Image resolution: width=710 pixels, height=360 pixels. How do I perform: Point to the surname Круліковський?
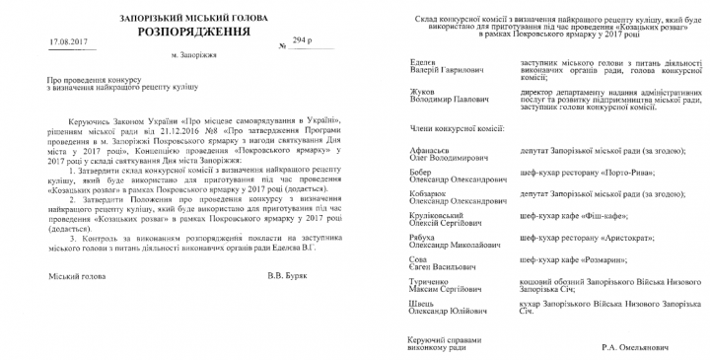point(440,214)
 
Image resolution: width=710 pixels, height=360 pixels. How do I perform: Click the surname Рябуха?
point(425,236)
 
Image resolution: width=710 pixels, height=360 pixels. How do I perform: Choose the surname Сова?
point(419,257)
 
